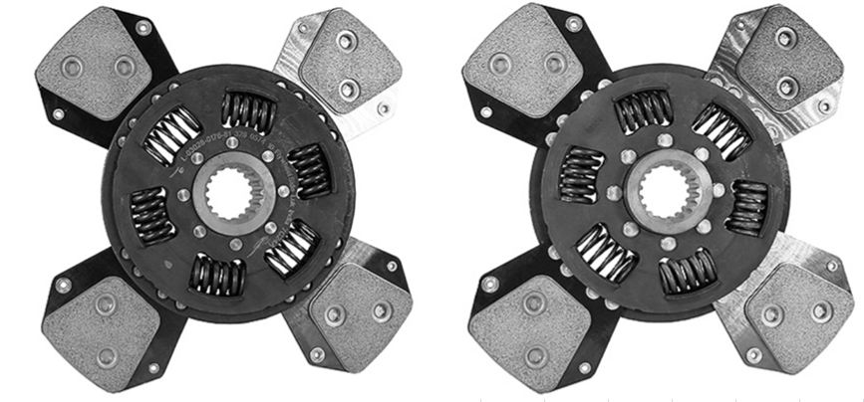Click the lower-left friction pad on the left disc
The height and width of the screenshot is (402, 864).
click(x=100, y=315)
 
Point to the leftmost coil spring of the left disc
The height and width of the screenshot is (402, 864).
click(x=153, y=212)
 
